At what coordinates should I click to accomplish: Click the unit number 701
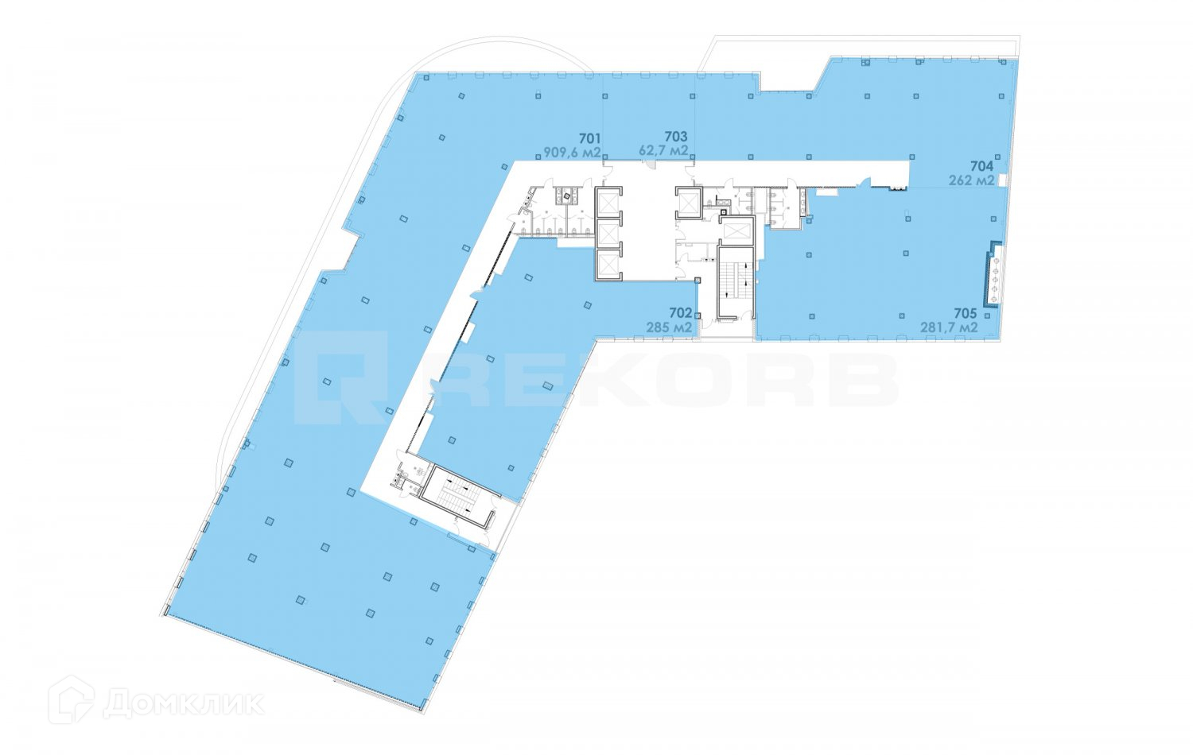(589, 137)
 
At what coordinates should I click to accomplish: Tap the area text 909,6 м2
(572, 151)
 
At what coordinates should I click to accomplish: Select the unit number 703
(676, 137)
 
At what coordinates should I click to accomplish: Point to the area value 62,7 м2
(663, 150)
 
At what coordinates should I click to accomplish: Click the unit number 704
(981, 166)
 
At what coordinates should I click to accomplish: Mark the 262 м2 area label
(971, 180)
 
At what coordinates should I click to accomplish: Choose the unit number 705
(965, 313)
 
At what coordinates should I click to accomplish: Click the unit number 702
(680, 313)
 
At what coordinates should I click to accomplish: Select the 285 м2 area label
(667, 327)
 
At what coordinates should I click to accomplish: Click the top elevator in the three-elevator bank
(608, 203)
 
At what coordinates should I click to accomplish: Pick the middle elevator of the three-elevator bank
(608, 234)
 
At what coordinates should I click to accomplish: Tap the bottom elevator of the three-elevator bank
(608, 264)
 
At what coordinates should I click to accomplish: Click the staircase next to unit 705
(736, 282)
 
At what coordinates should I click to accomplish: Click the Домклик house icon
(72, 700)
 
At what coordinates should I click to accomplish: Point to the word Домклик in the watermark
(183, 703)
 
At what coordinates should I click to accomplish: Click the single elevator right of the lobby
(686, 203)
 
